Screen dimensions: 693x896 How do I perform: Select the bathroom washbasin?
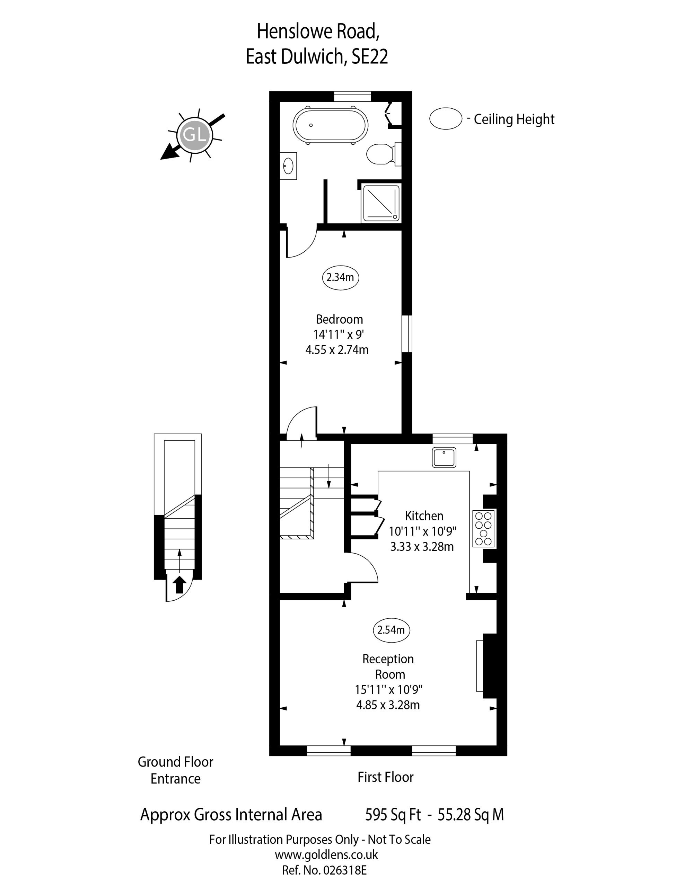(288, 166)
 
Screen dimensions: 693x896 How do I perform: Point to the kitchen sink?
(444, 457)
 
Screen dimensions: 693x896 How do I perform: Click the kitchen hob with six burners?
(484, 528)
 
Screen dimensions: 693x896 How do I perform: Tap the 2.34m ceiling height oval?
(340, 278)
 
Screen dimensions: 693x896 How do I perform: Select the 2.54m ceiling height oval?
(391, 630)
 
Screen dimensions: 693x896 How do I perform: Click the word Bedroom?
(339, 319)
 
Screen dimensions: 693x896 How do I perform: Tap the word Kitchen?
(424, 516)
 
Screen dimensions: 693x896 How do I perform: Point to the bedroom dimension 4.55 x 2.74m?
(337, 350)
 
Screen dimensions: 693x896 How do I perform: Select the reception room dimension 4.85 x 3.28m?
(388, 705)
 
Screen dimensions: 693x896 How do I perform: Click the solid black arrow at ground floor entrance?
(179, 584)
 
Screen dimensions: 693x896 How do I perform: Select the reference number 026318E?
(345, 870)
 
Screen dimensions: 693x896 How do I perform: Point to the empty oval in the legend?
(446, 118)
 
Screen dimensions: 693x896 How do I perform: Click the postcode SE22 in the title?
(369, 57)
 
